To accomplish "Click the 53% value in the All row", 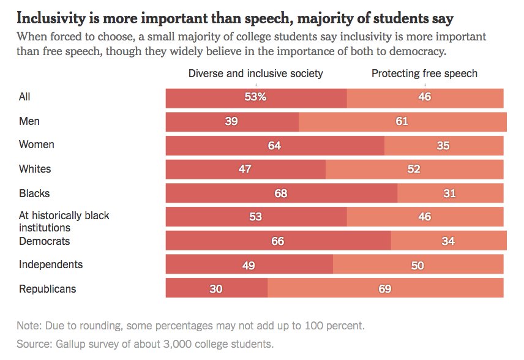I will click(256, 97).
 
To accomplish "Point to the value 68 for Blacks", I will click(280, 193).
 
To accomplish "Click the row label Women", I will click(37, 145).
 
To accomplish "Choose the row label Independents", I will click(51, 265).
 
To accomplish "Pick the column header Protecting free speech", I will click(424, 74).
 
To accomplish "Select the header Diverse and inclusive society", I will click(255, 74).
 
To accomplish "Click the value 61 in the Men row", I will click(402, 121).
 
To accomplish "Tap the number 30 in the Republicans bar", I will click(216, 288).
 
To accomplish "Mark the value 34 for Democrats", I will click(448, 241).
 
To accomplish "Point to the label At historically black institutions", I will click(64, 222).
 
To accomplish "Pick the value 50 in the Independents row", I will click(417, 265).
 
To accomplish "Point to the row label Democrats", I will click(45, 241).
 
